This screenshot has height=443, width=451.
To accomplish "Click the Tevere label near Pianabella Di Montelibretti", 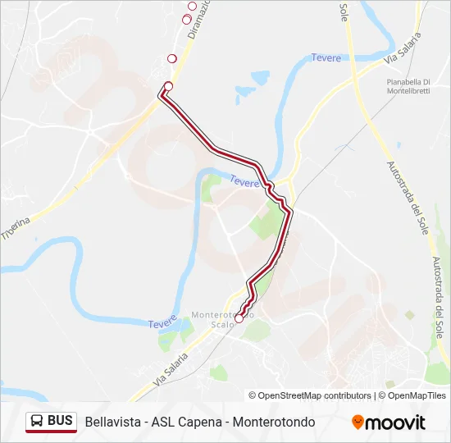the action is [326, 57].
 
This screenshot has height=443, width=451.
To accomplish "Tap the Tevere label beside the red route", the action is [244, 182].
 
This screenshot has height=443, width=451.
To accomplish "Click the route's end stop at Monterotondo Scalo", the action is [239, 318].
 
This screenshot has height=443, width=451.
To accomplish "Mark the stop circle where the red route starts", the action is [168, 86].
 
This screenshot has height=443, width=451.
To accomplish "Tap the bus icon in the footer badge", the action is [37, 421].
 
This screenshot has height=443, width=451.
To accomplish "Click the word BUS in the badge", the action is [60, 421].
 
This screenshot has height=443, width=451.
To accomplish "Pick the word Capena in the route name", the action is [196, 422].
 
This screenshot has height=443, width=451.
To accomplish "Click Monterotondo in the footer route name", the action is [274, 422].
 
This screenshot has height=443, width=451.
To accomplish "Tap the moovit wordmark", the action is [395, 422].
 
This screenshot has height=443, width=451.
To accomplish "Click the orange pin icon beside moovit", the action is [358, 422].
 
